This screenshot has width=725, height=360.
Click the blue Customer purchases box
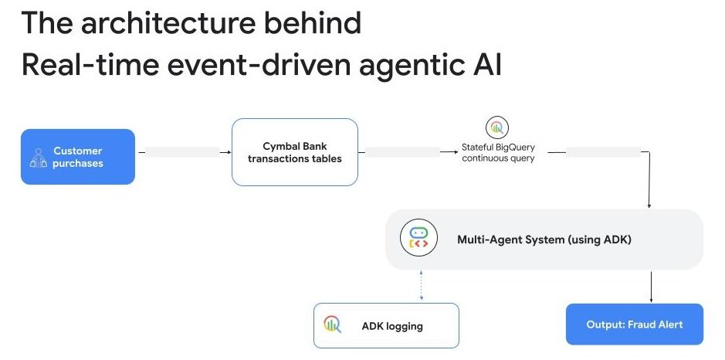[77, 157]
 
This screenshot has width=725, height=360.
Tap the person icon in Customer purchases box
[38, 158]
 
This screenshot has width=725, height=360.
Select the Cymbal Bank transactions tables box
[294, 152]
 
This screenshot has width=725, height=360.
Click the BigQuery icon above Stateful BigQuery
[496, 127]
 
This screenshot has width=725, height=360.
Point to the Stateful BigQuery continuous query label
[497, 152]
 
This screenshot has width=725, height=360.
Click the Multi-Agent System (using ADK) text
[544, 239]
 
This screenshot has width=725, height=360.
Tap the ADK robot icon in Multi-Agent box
[418, 239]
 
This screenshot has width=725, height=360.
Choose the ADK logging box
[386, 325]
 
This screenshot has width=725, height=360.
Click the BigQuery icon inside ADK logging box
[333, 325]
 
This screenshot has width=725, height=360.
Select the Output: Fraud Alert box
[634, 324]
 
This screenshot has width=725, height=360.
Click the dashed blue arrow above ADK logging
[420, 284]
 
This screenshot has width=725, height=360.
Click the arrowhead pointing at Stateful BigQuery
[455, 152]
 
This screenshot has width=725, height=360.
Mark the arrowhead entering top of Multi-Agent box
[649, 205]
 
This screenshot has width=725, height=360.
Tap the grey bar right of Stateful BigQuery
[603, 152]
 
